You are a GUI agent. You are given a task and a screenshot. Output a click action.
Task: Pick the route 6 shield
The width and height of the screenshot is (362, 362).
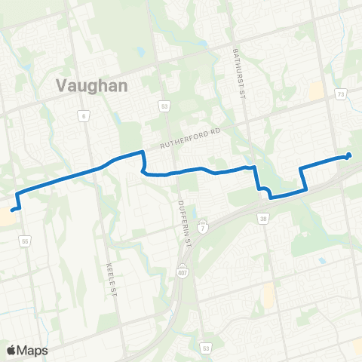click(x=82, y=115)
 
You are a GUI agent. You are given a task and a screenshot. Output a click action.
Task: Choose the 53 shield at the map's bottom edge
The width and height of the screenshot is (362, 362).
click(x=205, y=348)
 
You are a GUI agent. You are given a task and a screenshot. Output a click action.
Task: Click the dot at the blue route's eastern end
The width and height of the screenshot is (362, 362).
click(x=348, y=156)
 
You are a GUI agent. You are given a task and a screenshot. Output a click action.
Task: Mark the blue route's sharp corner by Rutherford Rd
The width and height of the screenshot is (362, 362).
click(x=141, y=153)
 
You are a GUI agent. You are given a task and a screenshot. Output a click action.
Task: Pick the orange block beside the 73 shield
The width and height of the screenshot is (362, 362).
click(x=317, y=92)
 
